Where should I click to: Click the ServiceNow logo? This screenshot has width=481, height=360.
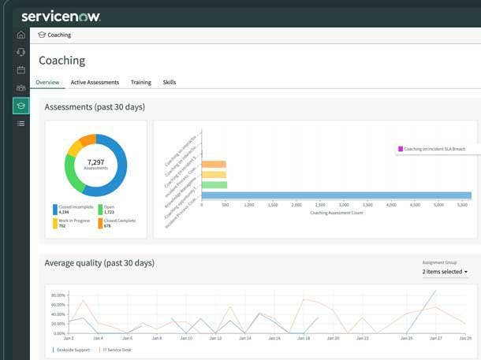[x=61, y=16]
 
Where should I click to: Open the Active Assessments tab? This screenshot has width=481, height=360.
[x=95, y=82]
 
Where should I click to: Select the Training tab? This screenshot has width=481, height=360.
[x=140, y=82]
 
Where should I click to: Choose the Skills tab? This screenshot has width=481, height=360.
[x=170, y=82]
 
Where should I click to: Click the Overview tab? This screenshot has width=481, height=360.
[x=47, y=82]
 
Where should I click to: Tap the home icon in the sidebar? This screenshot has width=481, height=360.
[x=21, y=35]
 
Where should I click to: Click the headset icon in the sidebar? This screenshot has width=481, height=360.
[x=21, y=52]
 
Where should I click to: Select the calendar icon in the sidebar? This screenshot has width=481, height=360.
[x=21, y=70]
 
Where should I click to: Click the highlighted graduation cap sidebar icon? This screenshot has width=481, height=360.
[x=21, y=106]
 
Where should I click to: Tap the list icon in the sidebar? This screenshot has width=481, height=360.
[x=21, y=124]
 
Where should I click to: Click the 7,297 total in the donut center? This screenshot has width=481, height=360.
[x=95, y=164]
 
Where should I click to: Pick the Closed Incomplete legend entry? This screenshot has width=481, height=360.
[x=74, y=210]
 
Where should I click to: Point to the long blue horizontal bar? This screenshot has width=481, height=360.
[x=336, y=195]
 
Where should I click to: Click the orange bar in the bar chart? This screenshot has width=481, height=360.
[x=214, y=165]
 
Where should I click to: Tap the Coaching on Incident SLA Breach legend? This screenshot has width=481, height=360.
[x=434, y=148]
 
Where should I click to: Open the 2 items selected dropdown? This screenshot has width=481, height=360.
[x=445, y=272]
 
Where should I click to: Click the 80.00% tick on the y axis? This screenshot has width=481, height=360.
[x=58, y=295]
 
